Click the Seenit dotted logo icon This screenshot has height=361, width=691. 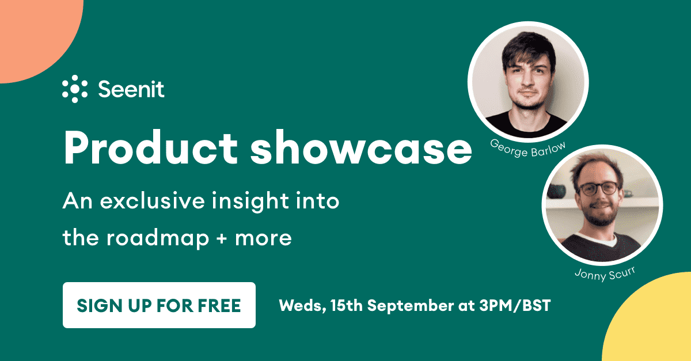[x=75, y=89]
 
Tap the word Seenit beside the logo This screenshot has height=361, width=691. [x=131, y=89]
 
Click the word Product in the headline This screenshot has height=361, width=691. [x=151, y=147]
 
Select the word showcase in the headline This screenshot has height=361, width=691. [x=361, y=147]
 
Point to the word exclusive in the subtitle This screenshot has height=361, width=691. [x=153, y=201]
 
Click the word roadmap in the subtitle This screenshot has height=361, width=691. [x=158, y=239]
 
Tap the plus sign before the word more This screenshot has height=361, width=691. [x=222, y=239]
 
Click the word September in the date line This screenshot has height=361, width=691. [x=410, y=306]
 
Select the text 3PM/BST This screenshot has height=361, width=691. [x=515, y=306]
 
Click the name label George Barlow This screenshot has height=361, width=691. [x=528, y=149]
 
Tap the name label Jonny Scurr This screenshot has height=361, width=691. [x=605, y=273]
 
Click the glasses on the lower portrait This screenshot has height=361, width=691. [x=599, y=188]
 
